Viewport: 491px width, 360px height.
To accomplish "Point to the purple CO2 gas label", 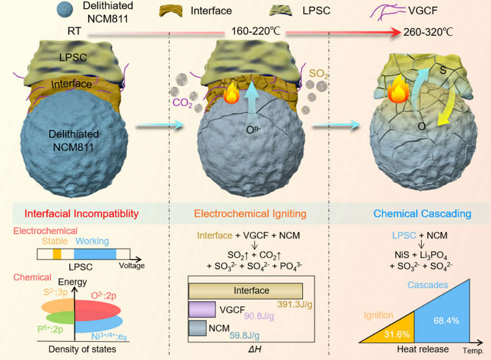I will pyautogui.click(x=180, y=103).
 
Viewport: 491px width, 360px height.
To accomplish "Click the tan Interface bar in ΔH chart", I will pyautogui.click(x=245, y=291).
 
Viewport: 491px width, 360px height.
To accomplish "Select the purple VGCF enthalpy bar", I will pyautogui.click(x=202, y=309).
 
